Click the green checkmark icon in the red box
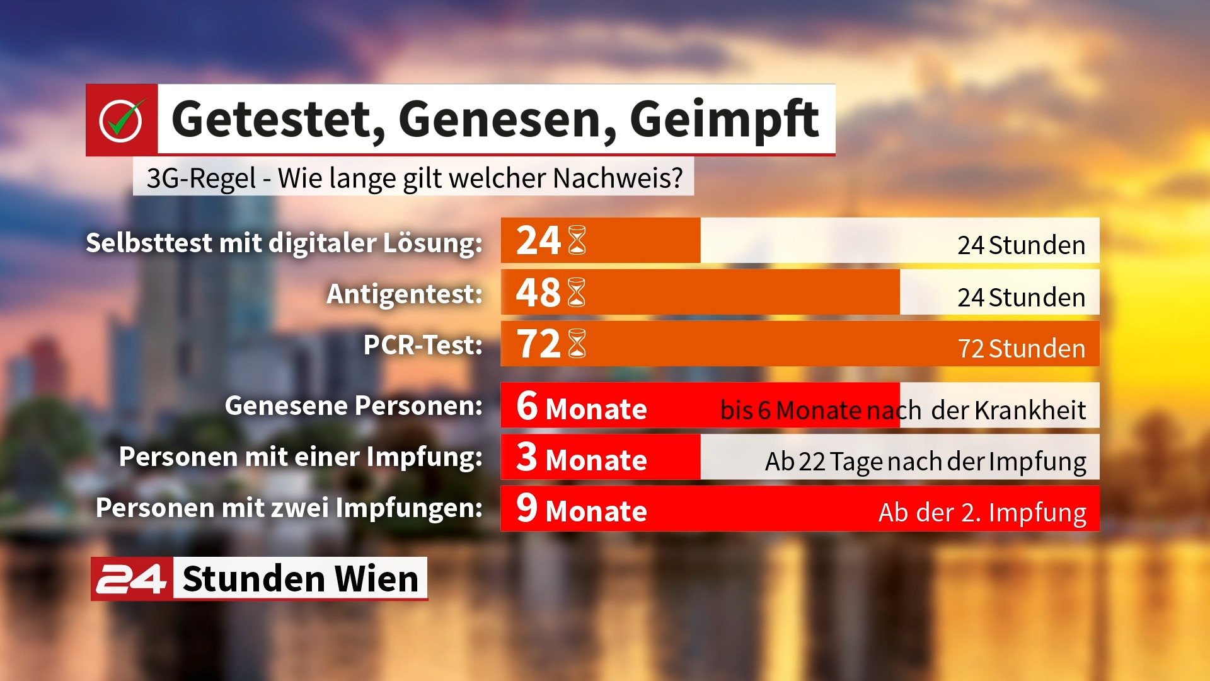pos(121,120)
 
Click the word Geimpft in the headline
pos(725,120)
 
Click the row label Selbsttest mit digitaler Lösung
pos(284,243)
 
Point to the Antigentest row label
pos(405,294)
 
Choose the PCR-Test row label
pos(423,345)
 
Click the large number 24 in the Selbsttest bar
pos(538,240)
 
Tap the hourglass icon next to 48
pos(577,293)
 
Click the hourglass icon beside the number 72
pos(577,344)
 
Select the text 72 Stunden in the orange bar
pos(1022,348)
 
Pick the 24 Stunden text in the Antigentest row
pos(1022,297)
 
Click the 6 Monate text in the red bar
pos(582,406)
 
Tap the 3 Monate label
pos(582,457)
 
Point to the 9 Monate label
pos(582,508)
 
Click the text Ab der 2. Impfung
pos(982,513)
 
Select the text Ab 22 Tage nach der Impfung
pos(926,462)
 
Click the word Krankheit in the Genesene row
pos(1030,410)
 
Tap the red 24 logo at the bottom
pos(132,579)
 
